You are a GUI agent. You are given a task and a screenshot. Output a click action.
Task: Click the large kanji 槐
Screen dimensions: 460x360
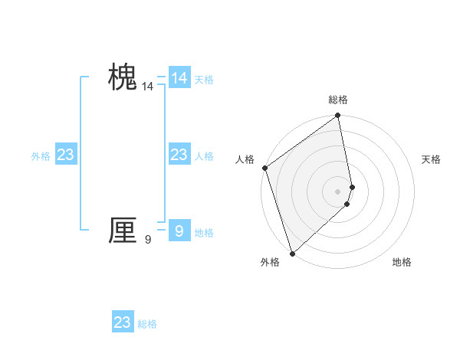(x=123, y=78)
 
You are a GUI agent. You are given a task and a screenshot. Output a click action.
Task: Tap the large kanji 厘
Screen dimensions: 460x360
(x=123, y=231)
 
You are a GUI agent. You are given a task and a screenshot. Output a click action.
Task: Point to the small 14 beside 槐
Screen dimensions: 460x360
(x=147, y=87)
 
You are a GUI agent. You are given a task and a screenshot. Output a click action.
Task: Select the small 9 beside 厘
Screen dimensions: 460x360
(x=148, y=240)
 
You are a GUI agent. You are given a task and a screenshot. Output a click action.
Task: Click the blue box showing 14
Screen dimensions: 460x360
(x=179, y=78)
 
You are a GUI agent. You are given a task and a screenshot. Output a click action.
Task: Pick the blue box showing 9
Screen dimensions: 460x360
(x=179, y=231)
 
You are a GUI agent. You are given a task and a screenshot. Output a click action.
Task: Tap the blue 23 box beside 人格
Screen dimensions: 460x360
(x=179, y=155)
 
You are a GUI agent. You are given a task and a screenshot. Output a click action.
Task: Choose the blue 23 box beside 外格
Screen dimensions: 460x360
(x=66, y=155)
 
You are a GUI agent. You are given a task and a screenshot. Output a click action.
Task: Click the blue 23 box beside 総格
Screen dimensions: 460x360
(x=123, y=322)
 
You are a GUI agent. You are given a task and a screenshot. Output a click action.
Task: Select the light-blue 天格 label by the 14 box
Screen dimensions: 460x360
(x=204, y=80)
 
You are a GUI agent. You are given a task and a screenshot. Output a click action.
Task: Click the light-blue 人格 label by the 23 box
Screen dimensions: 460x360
(x=204, y=156)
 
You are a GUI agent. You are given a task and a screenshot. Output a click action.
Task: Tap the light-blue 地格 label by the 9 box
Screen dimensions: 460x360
(x=204, y=233)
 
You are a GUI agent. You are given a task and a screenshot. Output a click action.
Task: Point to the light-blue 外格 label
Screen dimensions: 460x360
(x=41, y=156)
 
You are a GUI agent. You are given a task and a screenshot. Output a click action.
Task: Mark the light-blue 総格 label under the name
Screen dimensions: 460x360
(x=147, y=324)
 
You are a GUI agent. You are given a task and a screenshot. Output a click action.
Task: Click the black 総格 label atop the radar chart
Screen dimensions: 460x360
(x=338, y=100)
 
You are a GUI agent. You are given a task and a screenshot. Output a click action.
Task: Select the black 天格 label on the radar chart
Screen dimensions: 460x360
(x=431, y=159)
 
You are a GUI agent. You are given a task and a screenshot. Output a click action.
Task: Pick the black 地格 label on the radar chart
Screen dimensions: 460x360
(x=402, y=262)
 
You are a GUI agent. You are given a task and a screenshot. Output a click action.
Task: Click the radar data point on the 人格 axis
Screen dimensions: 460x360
(x=264, y=168)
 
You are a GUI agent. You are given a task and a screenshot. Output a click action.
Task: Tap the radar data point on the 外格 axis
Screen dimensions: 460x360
(x=292, y=254)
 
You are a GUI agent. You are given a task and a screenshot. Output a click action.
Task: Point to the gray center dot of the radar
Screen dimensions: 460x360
(x=338, y=191)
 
